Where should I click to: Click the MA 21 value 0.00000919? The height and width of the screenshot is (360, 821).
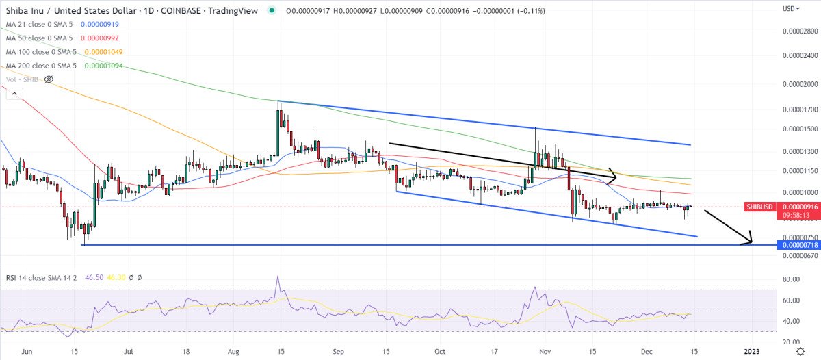coord(99,24)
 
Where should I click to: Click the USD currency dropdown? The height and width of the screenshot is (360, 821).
coord(790,9)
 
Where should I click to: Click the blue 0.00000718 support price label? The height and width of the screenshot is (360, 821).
coord(796,244)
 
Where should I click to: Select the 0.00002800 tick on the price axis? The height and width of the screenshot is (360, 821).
coord(800,31)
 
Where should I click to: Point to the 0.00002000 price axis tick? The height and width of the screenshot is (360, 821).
coord(800,85)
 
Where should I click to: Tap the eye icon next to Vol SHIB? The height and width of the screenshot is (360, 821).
coord(49,79)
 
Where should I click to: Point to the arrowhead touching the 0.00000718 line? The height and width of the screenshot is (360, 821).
coord(750,240)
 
